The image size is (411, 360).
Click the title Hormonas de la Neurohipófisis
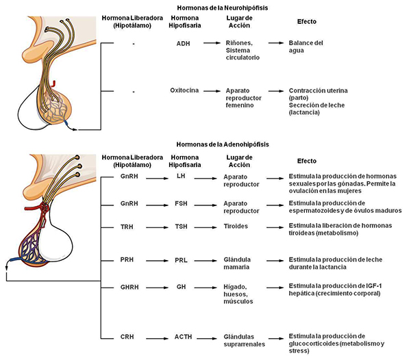(x=222, y=8)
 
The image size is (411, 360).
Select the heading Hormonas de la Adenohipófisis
(x=223, y=144)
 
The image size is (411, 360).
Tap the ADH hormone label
(x=183, y=44)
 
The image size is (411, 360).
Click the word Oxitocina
(x=184, y=90)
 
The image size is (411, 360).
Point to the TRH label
(x=127, y=227)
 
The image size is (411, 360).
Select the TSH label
(x=181, y=227)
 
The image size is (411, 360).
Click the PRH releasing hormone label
(x=127, y=259)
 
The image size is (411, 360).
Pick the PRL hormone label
(x=181, y=260)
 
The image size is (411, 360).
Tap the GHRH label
(x=129, y=287)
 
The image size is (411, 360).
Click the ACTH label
(x=183, y=337)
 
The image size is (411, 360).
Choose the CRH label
(x=127, y=337)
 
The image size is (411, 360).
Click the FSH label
(x=181, y=203)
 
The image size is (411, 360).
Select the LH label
(x=181, y=176)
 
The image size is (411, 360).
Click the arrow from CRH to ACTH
(x=157, y=339)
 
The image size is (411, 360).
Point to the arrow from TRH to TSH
(x=157, y=227)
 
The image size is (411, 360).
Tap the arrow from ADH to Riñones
(x=212, y=43)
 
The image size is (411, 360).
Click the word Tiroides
(x=236, y=227)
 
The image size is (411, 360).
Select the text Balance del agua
(x=306, y=47)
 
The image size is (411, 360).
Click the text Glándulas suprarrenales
(x=245, y=340)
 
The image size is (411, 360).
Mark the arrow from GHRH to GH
(x=157, y=287)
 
